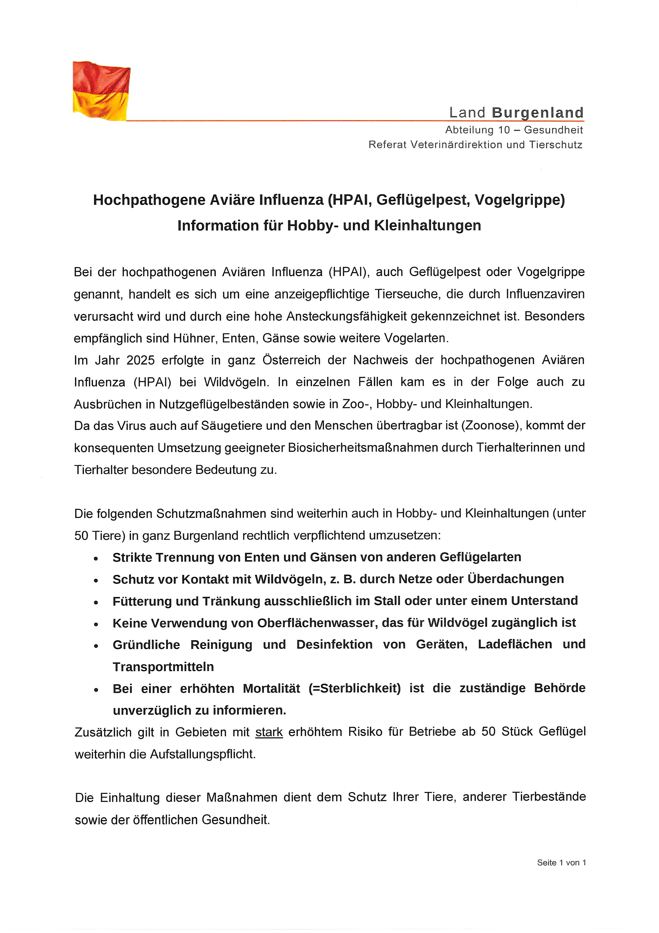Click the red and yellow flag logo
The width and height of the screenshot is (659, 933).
click(x=101, y=91)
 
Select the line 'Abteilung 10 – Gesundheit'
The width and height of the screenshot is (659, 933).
click(x=514, y=130)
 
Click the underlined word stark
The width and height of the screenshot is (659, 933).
click(x=269, y=732)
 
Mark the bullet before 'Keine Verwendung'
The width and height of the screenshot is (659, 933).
click(x=96, y=624)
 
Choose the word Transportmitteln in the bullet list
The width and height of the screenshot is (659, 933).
click(x=163, y=667)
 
